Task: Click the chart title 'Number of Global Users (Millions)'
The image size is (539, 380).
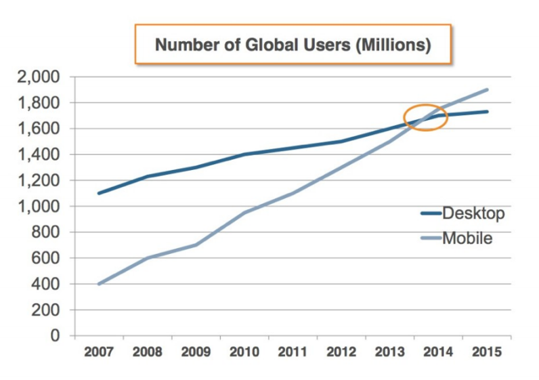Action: click(x=293, y=45)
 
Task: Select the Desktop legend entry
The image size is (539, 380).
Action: click(x=473, y=213)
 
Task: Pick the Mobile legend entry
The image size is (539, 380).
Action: click(x=467, y=238)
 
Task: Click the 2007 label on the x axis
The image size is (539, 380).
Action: click(x=99, y=353)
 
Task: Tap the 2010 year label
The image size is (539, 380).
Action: click(x=244, y=353)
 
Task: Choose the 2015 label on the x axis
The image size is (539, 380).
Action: click(x=487, y=353)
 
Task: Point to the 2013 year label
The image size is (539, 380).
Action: click(x=390, y=353)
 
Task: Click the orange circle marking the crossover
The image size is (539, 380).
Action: click(x=426, y=117)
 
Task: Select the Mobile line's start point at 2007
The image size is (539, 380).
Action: click(x=99, y=284)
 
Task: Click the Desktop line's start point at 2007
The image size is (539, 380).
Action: click(x=99, y=193)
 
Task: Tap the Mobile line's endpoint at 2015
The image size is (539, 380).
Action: click(x=487, y=89)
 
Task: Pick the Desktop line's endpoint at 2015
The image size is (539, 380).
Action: click(x=487, y=111)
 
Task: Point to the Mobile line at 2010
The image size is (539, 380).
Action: click(x=244, y=212)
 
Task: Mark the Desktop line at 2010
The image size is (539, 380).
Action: click(x=244, y=154)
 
